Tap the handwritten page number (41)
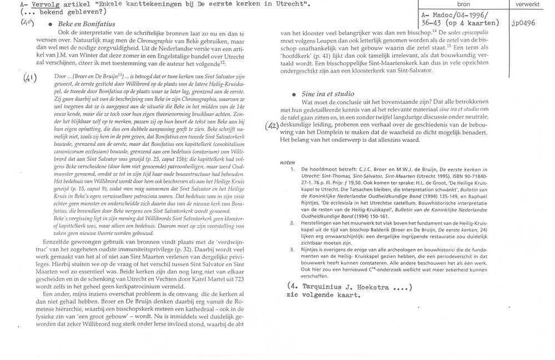coord(14,79)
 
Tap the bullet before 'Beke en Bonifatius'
coord(51,26)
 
